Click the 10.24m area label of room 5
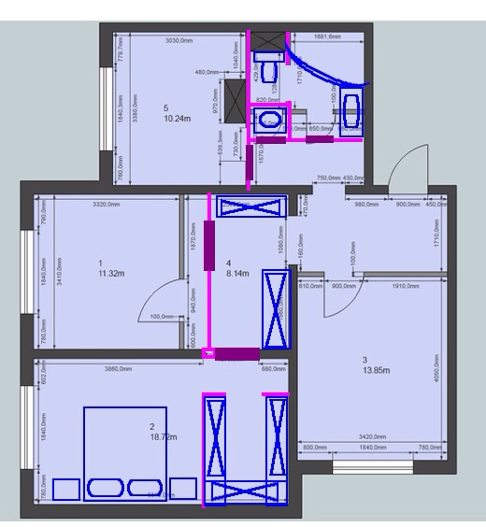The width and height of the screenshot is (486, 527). point(178,120)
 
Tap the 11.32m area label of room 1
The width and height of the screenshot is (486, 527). point(113,275)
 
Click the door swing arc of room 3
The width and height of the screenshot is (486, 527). point(330,305)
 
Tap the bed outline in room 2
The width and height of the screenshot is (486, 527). point(124,453)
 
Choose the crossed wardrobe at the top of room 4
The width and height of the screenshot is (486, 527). point(250,207)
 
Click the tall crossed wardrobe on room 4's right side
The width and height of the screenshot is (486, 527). point(276,308)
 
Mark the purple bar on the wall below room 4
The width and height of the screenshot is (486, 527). point(236,353)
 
